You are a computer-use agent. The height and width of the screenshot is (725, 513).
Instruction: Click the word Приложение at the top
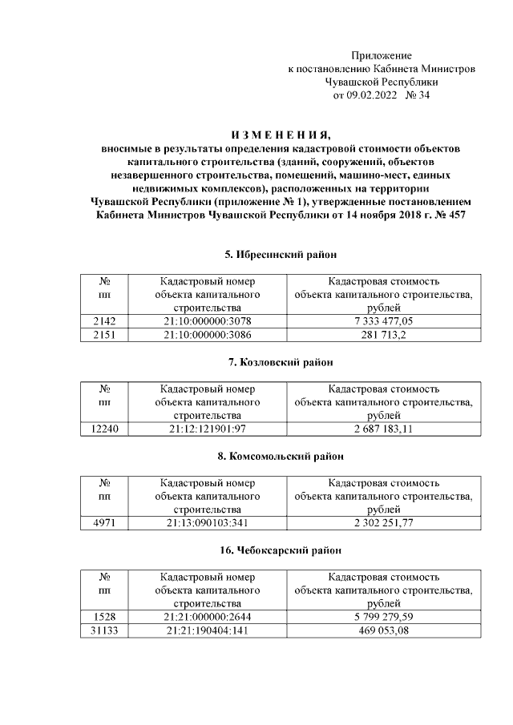click(382, 56)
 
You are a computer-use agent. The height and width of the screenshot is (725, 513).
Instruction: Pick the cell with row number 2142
click(104, 321)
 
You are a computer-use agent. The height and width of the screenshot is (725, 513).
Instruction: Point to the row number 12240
click(104, 429)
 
